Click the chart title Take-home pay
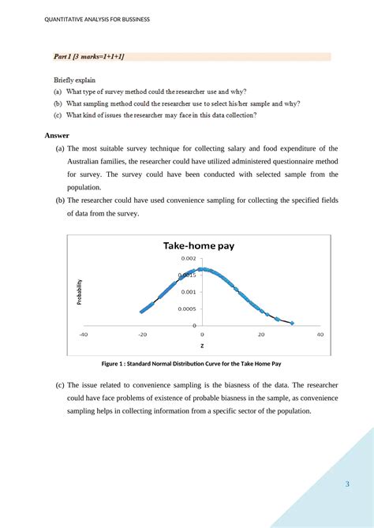pyautogui.click(x=199, y=245)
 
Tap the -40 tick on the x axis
pyautogui.click(x=83, y=334)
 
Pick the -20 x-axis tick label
pyautogui.click(x=142, y=334)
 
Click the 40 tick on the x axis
pyautogui.click(x=320, y=334)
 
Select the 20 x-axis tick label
pyautogui.click(x=260, y=334)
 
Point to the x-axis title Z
pyautogui.click(x=201, y=346)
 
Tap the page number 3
pyautogui.click(x=346, y=485)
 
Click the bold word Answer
pyautogui.click(x=58, y=135)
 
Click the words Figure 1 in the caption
pyautogui.click(x=115, y=364)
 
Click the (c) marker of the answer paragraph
pyautogui.click(x=60, y=386)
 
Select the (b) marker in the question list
pyautogui.click(x=58, y=103)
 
